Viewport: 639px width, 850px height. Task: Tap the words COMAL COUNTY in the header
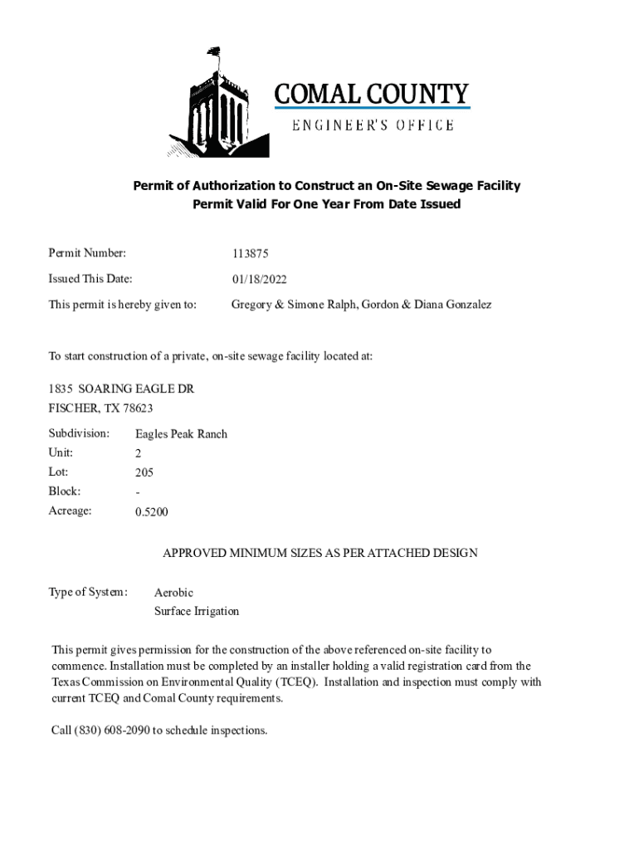(372, 94)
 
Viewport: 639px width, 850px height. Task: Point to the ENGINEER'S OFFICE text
(372, 125)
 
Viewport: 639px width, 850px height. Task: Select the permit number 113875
(251, 254)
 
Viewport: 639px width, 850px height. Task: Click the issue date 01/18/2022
(260, 280)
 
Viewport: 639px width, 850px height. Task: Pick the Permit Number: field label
(87, 252)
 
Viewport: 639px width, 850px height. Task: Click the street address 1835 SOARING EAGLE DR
(121, 388)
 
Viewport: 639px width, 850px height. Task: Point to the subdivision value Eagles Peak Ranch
(181, 434)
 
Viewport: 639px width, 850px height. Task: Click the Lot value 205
(144, 472)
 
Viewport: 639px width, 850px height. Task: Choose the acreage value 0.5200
(152, 511)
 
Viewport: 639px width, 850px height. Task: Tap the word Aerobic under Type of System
(173, 593)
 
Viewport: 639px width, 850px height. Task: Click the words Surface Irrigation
(197, 612)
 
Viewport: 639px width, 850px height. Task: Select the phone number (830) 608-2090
(112, 730)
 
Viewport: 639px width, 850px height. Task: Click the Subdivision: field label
(79, 433)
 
